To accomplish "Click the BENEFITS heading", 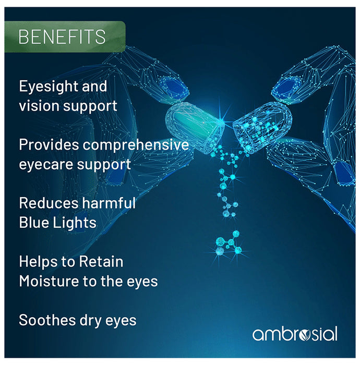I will pyautogui.click(x=62, y=37).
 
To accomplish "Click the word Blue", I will pyautogui.click(x=33, y=222).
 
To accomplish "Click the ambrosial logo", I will pyautogui.click(x=295, y=334).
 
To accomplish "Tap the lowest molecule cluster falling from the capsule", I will pyautogui.click(x=228, y=244).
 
